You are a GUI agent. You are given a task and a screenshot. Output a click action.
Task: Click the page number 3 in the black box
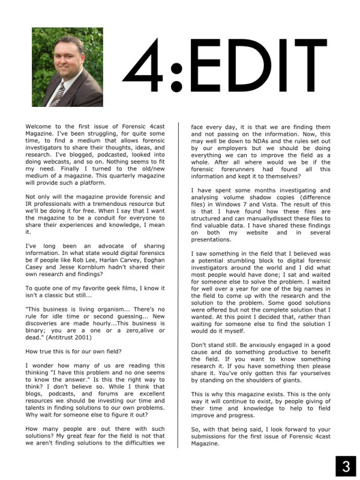tap(345, 466)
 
